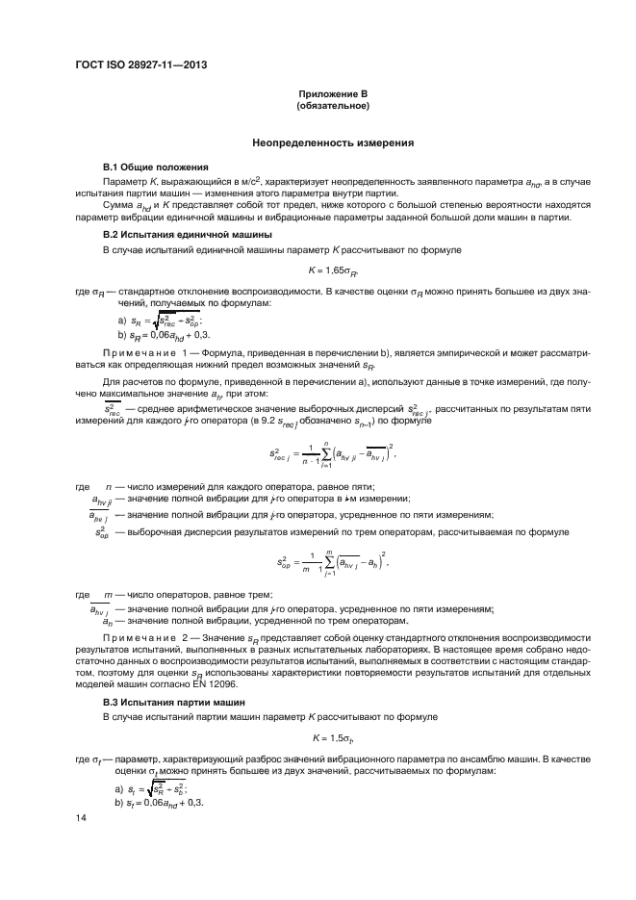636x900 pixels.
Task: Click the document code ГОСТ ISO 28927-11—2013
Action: click(141, 66)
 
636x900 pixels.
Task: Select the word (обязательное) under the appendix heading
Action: click(333, 106)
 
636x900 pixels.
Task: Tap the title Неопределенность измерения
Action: click(333, 143)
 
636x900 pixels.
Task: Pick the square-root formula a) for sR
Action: click(158, 321)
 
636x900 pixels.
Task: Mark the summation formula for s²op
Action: click(333, 559)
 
